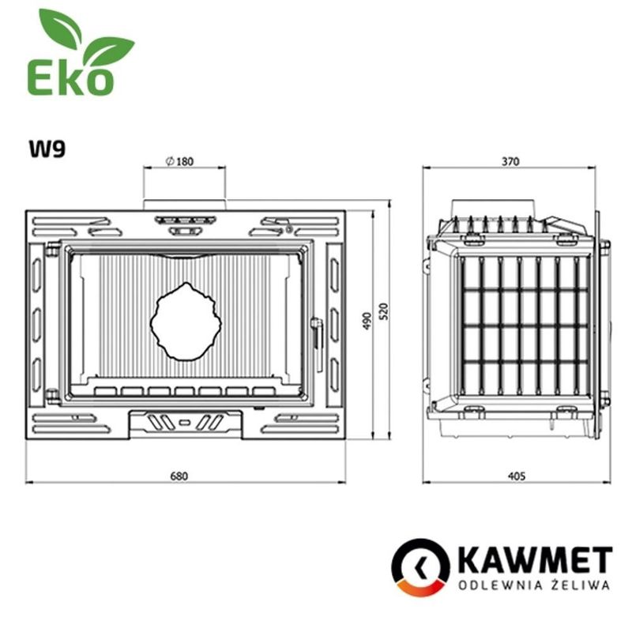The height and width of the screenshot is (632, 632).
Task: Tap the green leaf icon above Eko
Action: (x=83, y=39)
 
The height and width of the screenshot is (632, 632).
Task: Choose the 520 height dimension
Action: (x=384, y=312)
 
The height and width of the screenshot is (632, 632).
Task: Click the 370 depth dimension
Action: (x=510, y=161)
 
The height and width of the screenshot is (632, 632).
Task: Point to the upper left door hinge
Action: (x=52, y=250)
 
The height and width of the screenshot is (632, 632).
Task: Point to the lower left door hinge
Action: (x=52, y=395)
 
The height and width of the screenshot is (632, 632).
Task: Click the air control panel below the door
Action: (x=185, y=423)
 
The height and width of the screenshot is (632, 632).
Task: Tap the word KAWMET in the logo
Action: (x=534, y=561)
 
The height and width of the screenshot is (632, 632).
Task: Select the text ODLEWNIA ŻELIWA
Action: (x=534, y=585)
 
